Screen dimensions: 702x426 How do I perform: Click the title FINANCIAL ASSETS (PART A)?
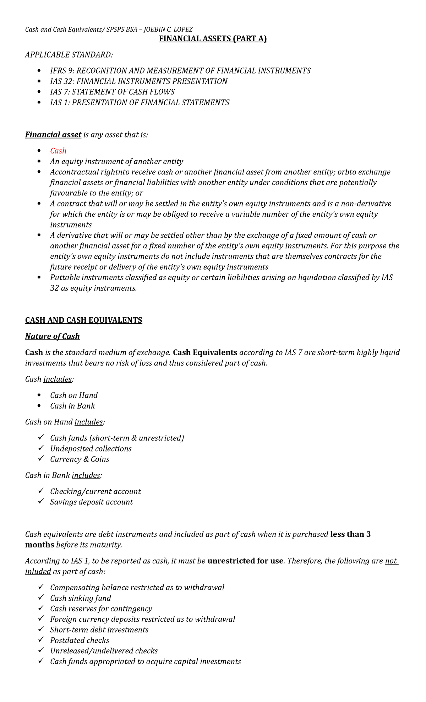(x=213, y=39)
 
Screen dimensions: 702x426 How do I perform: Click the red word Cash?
(x=58, y=151)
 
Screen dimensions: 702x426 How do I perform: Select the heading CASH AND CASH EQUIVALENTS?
(x=83, y=320)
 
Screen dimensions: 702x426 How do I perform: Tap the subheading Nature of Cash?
(x=52, y=336)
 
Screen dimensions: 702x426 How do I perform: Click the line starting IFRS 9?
(x=180, y=71)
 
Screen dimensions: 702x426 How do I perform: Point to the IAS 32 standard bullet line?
(x=138, y=81)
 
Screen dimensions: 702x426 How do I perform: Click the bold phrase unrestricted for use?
(x=245, y=561)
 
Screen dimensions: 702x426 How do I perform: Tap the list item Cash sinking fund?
(x=81, y=598)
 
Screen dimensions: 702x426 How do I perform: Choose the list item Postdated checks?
(x=80, y=641)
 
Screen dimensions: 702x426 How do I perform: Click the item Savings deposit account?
(x=91, y=502)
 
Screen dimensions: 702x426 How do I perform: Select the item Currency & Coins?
(x=80, y=459)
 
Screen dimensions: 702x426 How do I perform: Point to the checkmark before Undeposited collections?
(x=41, y=448)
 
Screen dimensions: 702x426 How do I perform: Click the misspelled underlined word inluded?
(x=38, y=572)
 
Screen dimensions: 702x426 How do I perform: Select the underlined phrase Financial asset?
(x=53, y=135)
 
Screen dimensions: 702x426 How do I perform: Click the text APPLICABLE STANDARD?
(x=69, y=55)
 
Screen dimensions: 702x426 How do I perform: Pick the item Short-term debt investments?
(x=99, y=630)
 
